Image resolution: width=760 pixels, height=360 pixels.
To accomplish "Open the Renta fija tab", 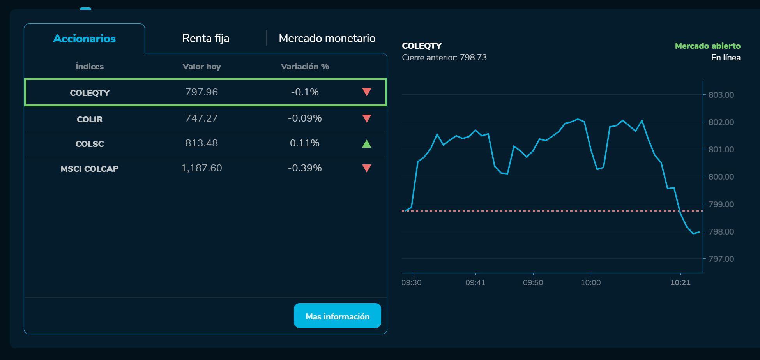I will [x=205, y=38].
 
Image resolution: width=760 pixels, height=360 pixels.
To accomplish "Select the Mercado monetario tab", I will [x=327, y=38].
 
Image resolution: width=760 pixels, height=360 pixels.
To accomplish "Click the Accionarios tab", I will [x=84, y=39].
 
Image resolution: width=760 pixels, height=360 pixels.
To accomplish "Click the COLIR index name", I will [x=90, y=119].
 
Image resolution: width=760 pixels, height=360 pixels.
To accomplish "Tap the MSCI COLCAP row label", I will [x=90, y=169].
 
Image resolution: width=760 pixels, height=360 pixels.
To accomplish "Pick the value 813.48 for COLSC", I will [x=201, y=143].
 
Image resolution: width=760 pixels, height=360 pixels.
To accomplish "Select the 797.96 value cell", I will [x=201, y=92].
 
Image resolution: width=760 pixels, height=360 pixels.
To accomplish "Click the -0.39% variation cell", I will [x=305, y=168].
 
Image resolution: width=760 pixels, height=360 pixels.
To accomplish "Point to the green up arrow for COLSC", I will [x=366, y=144].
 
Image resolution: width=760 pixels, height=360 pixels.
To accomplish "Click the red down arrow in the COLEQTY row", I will [x=366, y=92].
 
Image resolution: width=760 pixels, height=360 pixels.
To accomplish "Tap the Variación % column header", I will [x=305, y=67].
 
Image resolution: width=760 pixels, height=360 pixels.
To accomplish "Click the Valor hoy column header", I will [x=201, y=67].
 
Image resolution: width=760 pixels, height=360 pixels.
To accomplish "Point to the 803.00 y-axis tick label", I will [x=721, y=95].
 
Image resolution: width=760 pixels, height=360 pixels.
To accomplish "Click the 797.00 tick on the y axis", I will [x=721, y=259].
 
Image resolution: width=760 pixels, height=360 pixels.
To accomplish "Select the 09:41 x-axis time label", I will [x=475, y=282].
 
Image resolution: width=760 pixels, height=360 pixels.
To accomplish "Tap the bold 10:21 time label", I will [x=680, y=282].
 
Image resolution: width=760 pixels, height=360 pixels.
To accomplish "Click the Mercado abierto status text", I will [x=707, y=46].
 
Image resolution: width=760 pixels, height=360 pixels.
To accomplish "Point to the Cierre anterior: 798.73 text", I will [x=444, y=58].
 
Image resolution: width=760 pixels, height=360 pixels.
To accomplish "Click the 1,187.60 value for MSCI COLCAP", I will [x=201, y=168].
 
